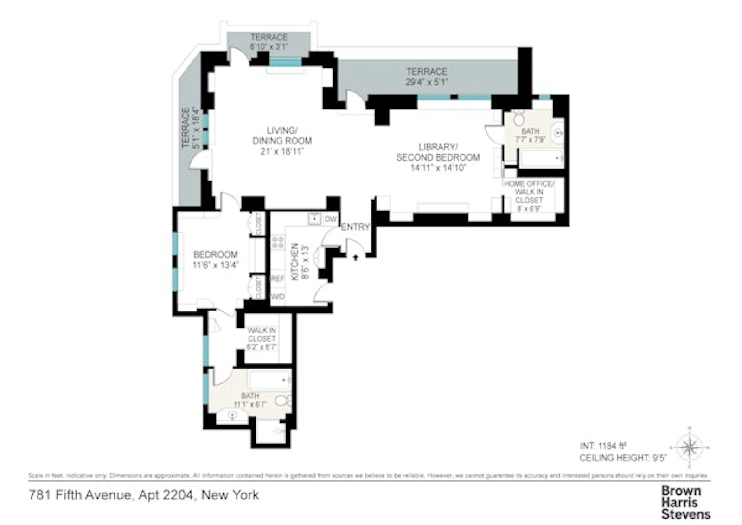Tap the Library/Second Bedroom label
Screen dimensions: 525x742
tap(438, 157)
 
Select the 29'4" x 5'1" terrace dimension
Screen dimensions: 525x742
tap(427, 83)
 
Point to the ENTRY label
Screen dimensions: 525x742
tap(355, 227)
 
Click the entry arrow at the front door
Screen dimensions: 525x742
tap(356, 257)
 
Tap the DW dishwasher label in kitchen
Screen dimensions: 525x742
tap(330, 219)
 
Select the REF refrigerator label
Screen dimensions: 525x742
tap(277, 279)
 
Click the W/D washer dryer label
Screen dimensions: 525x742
tap(277, 296)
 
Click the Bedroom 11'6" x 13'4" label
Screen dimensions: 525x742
tap(215, 259)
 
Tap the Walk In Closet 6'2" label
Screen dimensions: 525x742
tap(262, 338)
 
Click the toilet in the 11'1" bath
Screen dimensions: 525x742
tap(282, 400)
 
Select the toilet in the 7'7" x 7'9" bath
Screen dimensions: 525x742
tap(518, 119)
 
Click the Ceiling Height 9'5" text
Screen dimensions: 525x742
tap(622, 458)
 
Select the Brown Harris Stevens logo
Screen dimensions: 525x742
tap(685, 502)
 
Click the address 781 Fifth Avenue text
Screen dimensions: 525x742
tap(144, 495)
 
